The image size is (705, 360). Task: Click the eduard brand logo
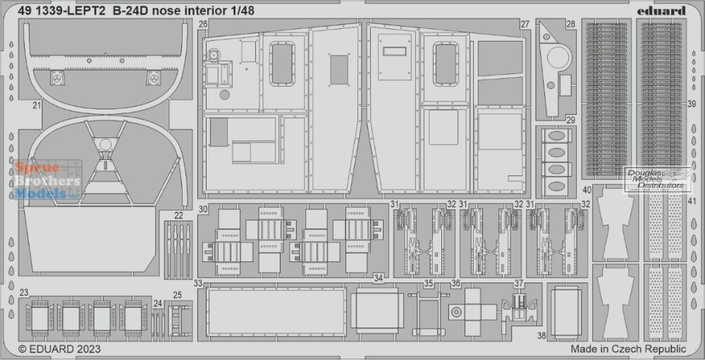click(x=661, y=11)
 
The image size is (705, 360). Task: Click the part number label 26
click(x=203, y=24)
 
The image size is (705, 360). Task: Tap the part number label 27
click(x=525, y=24)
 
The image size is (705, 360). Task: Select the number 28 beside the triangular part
click(x=570, y=24)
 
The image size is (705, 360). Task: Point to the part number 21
click(x=37, y=106)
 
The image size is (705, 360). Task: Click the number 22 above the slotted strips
click(x=178, y=216)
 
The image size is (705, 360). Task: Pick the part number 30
click(x=203, y=209)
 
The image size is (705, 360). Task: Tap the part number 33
click(x=198, y=283)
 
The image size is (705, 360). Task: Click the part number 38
click(x=541, y=335)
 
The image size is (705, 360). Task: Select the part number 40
click(x=587, y=190)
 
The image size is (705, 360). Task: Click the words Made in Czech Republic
click(x=629, y=349)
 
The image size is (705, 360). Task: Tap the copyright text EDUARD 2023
click(x=59, y=349)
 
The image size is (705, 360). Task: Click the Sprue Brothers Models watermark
click(x=47, y=180)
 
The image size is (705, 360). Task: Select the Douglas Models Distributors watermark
click(x=657, y=180)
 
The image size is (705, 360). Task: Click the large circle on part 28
click(x=560, y=58)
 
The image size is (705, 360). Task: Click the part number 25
click(x=178, y=295)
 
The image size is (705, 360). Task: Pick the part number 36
click(x=456, y=284)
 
